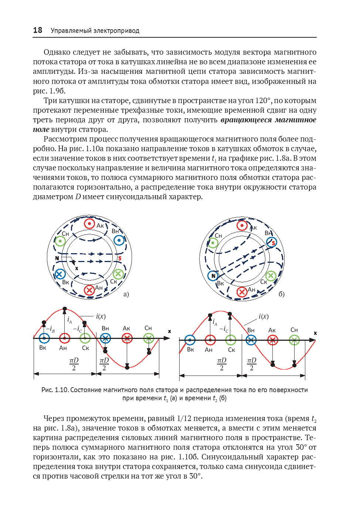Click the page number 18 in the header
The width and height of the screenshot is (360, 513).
click(38, 30)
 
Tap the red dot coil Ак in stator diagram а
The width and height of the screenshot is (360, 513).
click(89, 224)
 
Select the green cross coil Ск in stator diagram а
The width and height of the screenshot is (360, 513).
click(118, 274)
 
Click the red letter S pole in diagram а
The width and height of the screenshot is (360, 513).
click(120, 258)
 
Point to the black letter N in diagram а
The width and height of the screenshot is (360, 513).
click(57, 258)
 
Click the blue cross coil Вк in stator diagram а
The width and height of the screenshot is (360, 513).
click(60, 274)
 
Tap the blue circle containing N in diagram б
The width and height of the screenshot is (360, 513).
click(213, 276)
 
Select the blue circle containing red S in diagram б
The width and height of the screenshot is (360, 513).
click(272, 242)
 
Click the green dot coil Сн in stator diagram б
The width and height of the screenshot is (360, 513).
click(213, 243)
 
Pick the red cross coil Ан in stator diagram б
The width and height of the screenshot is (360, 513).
click(242, 292)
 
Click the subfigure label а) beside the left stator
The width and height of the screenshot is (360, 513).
click(126, 294)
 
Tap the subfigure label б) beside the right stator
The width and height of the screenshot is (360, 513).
click(282, 294)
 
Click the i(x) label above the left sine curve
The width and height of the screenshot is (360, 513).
click(101, 316)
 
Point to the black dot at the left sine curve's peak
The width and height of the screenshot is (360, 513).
click(65, 309)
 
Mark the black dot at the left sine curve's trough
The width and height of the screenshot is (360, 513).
click(127, 367)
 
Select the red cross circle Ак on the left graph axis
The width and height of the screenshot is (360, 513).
click(127, 338)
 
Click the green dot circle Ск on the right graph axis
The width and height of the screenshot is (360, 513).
click(231, 340)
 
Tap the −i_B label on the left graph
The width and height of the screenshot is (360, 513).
click(50, 329)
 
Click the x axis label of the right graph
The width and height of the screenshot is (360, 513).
click(315, 333)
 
